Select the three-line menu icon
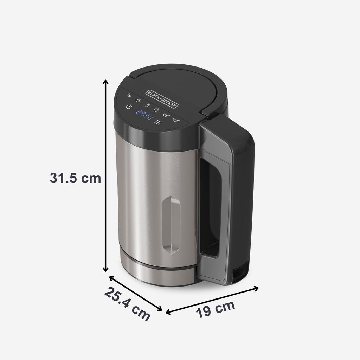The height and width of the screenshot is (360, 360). [x=158, y=123]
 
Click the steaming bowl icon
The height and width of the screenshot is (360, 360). [x=138, y=101]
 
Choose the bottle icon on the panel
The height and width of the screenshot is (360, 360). [x=148, y=105]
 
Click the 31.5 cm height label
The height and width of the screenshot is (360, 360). [x=75, y=178]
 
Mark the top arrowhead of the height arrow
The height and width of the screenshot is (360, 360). [x=105, y=82]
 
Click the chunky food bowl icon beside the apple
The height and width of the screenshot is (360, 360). [x=166, y=114]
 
